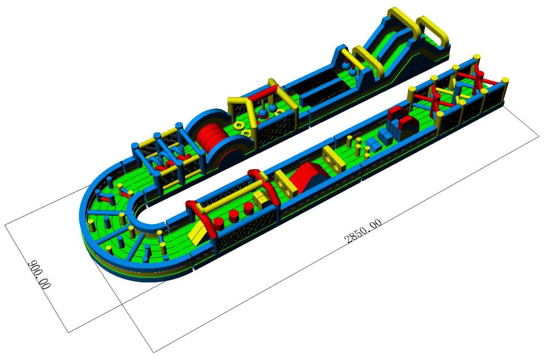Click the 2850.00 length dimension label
point(362,231)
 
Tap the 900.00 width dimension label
point(39,274)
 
